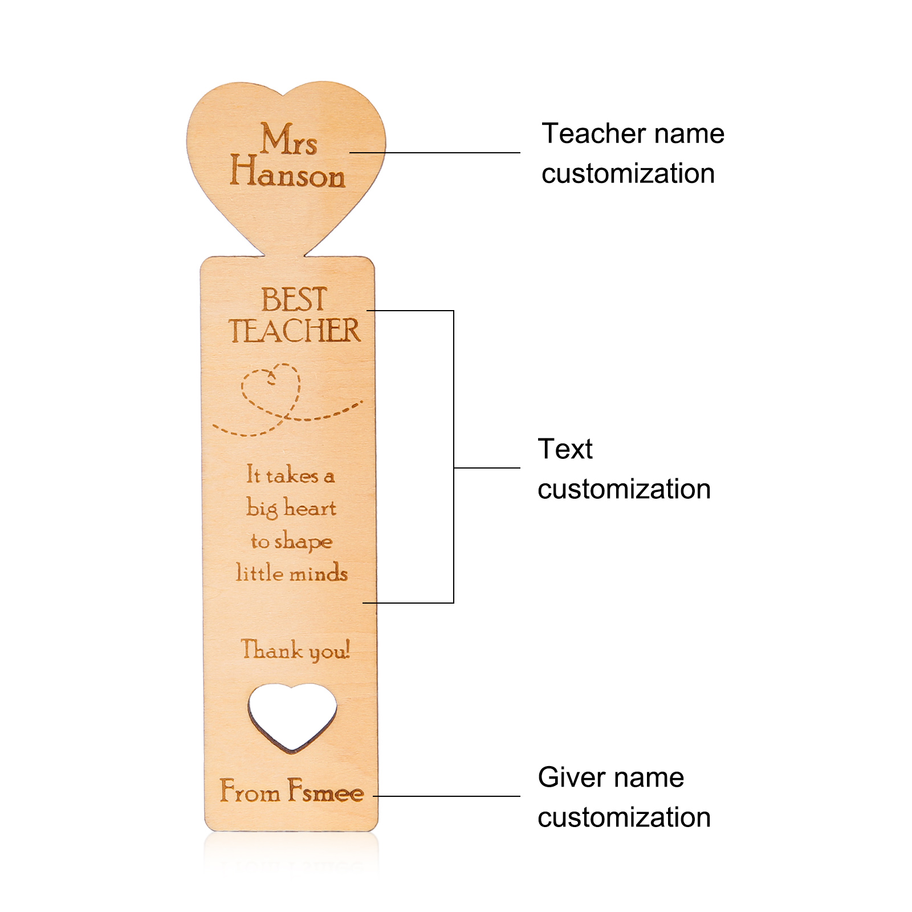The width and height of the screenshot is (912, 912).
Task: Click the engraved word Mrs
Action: [288, 140]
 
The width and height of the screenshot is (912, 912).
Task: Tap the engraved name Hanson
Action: [287, 173]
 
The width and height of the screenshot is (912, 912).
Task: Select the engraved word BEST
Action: [294, 299]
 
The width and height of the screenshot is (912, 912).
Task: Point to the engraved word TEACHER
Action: [295, 331]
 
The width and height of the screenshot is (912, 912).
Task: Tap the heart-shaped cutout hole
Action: [292, 715]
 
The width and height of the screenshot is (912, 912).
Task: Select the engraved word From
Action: [250, 792]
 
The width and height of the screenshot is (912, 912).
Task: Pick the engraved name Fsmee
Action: [325, 792]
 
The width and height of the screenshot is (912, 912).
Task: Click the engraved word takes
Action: [292, 475]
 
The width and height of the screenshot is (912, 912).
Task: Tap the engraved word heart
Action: [311, 508]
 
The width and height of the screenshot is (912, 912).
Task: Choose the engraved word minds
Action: [319, 573]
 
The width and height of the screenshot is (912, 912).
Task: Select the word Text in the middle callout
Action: [565, 449]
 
